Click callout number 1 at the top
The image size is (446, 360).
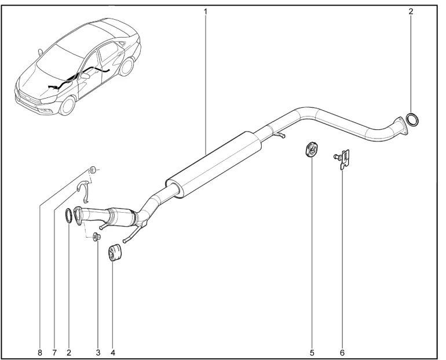click(x=205, y=12)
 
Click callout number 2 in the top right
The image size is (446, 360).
click(x=411, y=12)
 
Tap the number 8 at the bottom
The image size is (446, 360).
click(x=40, y=353)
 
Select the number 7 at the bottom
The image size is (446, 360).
click(x=54, y=353)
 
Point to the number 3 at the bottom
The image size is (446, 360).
click(x=98, y=353)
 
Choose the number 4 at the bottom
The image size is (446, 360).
click(x=113, y=353)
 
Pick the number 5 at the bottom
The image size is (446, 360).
click(x=312, y=353)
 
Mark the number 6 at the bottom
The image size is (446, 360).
click(x=342, y=353)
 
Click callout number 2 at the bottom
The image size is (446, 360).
click(x=69, y=353)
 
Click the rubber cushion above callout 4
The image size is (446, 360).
click(x=115, y=252)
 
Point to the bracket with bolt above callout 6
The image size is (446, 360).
click(x=342, y=159)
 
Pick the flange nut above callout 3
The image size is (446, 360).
click(x=96, y=237)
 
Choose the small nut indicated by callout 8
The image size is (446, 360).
click(x=93, y=170)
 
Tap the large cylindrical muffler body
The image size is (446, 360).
click(x=213, y=165)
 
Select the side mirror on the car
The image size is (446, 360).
click(x=85, y=76)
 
